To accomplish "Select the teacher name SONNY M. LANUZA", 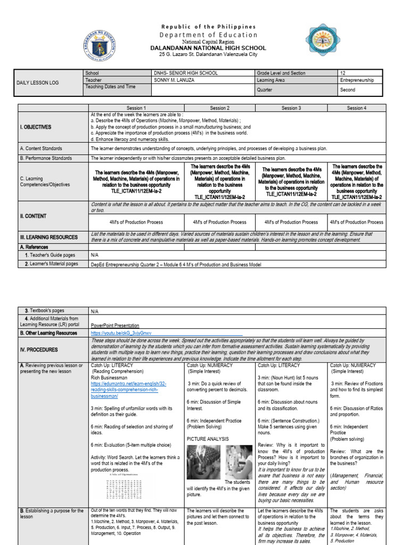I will tap(173, 80).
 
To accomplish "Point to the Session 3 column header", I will tap(291, 108).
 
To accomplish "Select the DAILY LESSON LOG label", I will tap(38, 83).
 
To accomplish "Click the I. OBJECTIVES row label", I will tap(37, 127).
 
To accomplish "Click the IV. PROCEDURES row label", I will tap(39, 350).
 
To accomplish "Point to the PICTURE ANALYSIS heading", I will tap(208, 439).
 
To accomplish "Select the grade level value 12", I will tap(343, 73).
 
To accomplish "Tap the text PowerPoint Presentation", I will tap(115, 325).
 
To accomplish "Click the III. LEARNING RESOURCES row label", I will tap(48, 237).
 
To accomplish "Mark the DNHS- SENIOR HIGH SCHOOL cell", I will tap(177, 73).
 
